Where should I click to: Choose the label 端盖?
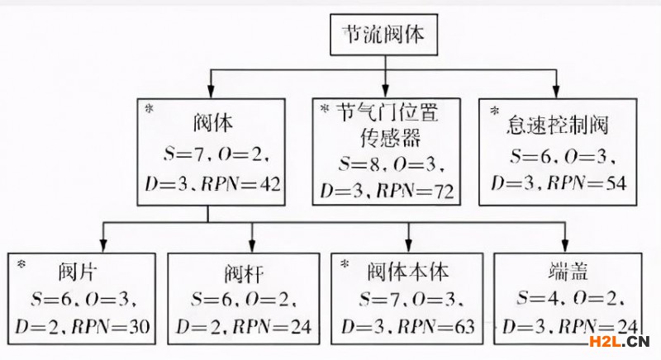click(x=564, y=270)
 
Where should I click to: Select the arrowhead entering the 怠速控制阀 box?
click(x=556, y=90)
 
